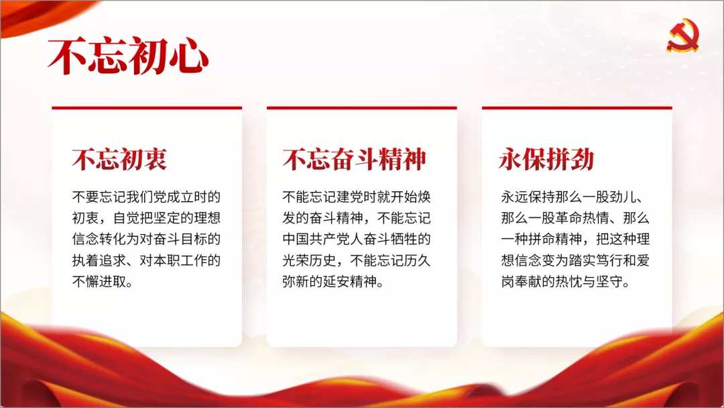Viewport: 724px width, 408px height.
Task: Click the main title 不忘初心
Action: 128,57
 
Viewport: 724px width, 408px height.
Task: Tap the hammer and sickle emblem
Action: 683,35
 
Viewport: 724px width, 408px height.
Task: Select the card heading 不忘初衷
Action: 119,160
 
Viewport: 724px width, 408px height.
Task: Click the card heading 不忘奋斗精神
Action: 354,160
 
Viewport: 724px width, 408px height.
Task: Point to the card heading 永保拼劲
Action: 546,160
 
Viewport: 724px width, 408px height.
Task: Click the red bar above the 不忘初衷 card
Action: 147,108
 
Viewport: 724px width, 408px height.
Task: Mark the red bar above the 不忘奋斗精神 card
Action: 362,108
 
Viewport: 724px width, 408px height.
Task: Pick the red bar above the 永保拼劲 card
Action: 577,108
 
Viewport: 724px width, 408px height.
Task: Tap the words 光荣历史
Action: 309,260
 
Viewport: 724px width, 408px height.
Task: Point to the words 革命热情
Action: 583,217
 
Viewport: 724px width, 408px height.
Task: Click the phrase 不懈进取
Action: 99,281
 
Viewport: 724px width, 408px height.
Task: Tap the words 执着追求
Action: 99,260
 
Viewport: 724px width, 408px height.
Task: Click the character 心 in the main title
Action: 189,57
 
